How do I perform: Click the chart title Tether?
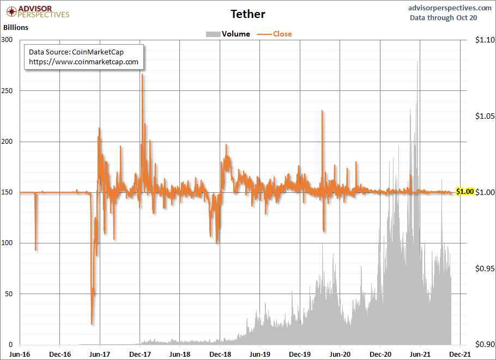click(x=248, y=13)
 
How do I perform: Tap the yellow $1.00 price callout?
click(x=465, y=192)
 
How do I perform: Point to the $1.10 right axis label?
click(x=484, y=40)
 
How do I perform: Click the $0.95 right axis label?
click(x=484, y=269)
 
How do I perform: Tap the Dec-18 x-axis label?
click(x=220, y=353)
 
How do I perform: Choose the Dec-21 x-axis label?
click(x=460, y=353)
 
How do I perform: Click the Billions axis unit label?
click(x=16, y=27)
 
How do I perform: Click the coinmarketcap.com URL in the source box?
click(x=83, y=62)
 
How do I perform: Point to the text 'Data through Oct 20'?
click(x=443, y=18)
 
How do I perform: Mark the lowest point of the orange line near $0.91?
click(x=92, y=324)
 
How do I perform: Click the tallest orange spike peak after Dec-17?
click(x=142, y=74)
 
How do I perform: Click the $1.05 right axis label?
click(x=484, y=116)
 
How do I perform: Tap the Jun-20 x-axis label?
click(x=340, y=353)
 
